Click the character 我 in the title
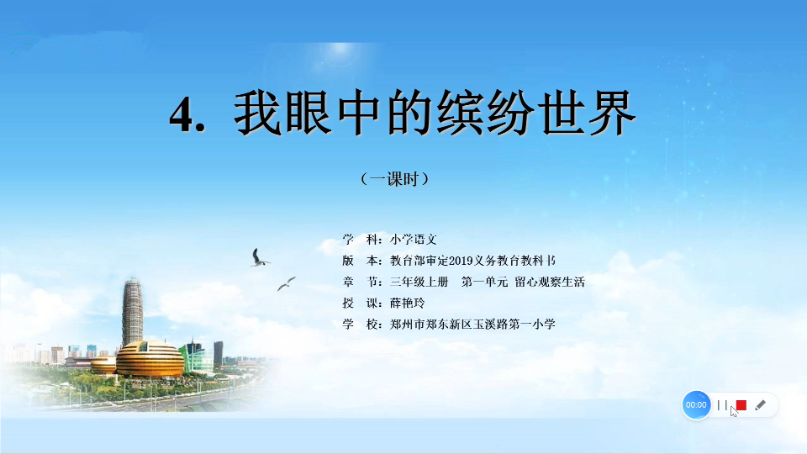256,113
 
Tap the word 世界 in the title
587,113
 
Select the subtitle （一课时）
395,179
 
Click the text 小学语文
414,240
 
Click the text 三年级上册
419,282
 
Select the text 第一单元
484,282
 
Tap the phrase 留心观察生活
550,282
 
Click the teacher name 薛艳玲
407,304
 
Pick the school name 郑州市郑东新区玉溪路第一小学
472,325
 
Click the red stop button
741,405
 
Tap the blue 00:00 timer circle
696,405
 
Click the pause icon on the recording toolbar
722,405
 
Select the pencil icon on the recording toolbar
760,405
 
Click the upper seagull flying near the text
260,258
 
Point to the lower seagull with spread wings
287,283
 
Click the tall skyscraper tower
132,311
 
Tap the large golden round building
150,359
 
